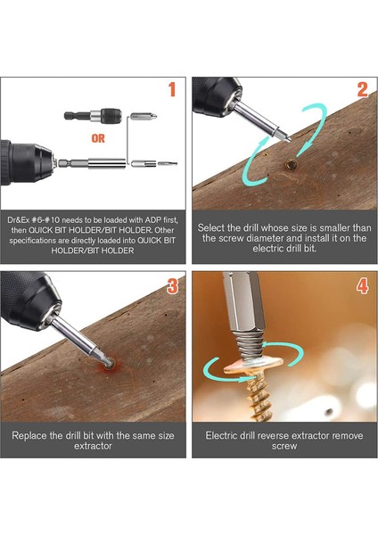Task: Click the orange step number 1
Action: point(172,89)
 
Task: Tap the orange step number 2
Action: point(362,90)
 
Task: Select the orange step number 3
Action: point(172,286)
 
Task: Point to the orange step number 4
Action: point(362,286)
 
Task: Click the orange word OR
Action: point(98,138)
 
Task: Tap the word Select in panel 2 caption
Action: point(209,227)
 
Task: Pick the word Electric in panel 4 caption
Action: point(221,435)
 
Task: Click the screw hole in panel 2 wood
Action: point(291,165)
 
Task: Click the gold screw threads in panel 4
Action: point(260,397)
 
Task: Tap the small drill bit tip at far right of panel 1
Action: point(168,164)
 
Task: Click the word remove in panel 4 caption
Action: point(348,436)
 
